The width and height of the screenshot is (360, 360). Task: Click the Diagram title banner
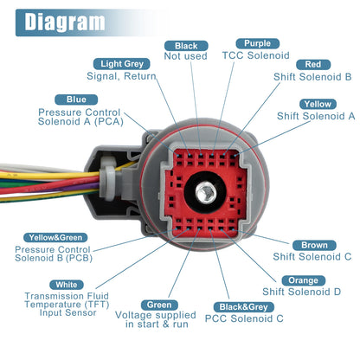[87, 22]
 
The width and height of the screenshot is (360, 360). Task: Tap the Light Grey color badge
[122, 64]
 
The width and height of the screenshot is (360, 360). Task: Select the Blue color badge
[76, 100]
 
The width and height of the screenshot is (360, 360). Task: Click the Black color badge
[186, 46]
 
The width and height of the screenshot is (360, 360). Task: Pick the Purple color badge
[257, 43]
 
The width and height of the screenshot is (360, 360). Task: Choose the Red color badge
[313, 64]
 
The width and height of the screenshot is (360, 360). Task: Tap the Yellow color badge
[318, 104]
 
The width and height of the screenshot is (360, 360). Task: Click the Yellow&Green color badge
[55, 238]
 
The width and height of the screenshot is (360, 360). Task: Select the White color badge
[67, 285]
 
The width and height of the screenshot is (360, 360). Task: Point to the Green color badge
[159, 305]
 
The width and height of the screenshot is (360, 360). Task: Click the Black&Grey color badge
[244, 307]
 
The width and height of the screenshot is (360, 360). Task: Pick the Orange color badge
[303, 280]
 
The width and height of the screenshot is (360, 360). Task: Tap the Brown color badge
[314, 245]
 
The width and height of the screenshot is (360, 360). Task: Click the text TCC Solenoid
[255, 55]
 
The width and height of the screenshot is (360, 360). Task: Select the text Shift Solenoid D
[301, 292]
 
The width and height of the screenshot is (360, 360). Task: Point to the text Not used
[185, 56]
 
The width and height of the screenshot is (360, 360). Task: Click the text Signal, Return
[121, 76]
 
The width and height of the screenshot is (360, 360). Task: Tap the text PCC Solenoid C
[244, 318]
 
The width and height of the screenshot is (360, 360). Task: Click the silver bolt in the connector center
[205, 192]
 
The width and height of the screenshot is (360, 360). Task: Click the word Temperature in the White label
[53, 305]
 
